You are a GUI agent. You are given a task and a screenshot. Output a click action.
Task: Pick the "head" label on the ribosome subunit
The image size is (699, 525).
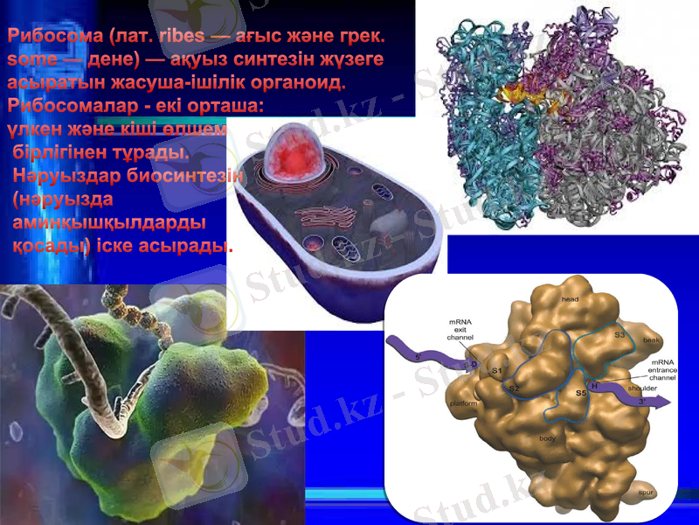click(x=570, y=299)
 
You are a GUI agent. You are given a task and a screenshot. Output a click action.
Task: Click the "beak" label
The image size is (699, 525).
click(x=651, y=339)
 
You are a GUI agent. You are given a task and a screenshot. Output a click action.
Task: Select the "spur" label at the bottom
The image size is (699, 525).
click(x=646, y=493)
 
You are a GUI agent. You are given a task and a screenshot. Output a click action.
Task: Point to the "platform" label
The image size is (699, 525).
click(x=463, y=403)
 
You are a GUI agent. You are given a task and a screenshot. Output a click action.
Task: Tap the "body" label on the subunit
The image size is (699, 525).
click(x=548, y=437)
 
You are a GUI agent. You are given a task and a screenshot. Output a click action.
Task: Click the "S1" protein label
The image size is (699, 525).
click(x=496, y=371)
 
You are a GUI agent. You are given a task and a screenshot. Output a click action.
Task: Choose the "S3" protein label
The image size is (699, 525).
click(x=619, y=333)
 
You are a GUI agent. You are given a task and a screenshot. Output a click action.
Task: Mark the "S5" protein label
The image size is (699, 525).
click(x=581, y=394)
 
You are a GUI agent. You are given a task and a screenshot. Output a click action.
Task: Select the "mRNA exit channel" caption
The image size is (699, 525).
click(x=460, y=330)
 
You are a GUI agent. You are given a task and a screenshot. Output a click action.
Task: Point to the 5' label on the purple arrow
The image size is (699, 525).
click(x=418, y=357)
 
